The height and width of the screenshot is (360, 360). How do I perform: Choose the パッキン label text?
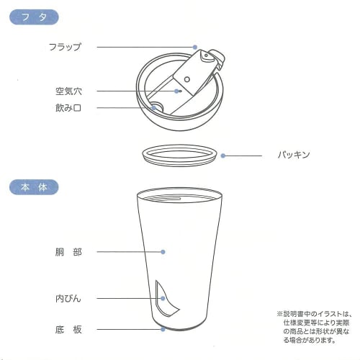pos(294,155)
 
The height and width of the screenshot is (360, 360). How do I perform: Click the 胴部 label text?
pos(68,252)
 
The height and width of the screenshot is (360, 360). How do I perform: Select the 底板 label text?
pos(68,330)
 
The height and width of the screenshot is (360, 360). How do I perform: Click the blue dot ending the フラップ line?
pos(195,48)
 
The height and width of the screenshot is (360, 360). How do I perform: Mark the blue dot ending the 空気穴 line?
pos(178,91)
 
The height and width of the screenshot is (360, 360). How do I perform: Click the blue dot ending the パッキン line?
pos(223,155)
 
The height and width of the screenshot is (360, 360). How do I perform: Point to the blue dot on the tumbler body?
pos(164,252)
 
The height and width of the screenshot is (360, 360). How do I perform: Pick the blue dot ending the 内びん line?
pos(163,297)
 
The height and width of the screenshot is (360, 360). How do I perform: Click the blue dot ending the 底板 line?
pos(164,330)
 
